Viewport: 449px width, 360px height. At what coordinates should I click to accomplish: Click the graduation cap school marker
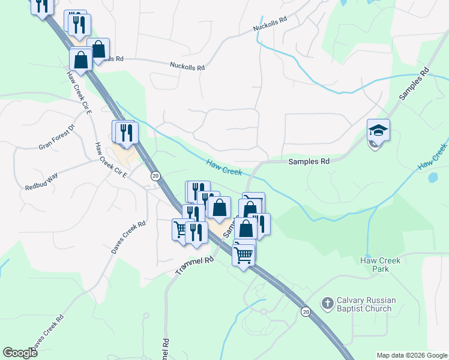pos(379,130)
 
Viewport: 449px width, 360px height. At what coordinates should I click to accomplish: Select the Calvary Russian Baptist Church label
pos(364,305)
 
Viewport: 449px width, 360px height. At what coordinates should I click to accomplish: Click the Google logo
pos(20,353)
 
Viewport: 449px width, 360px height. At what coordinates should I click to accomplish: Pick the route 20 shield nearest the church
pos(305,312)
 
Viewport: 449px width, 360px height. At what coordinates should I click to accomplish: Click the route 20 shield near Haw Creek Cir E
pos(155,176)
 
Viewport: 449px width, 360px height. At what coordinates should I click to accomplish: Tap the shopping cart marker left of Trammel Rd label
pos(180,229)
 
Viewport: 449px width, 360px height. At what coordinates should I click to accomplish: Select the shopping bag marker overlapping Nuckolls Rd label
pos(98,49)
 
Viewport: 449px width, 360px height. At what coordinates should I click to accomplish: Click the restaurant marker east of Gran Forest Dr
pos(126,132)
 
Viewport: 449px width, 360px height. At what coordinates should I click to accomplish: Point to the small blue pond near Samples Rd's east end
pos(433,178)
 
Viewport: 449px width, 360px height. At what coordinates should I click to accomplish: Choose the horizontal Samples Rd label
pos(309,161)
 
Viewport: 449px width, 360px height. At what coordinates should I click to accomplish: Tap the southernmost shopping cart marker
pos(244,254)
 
